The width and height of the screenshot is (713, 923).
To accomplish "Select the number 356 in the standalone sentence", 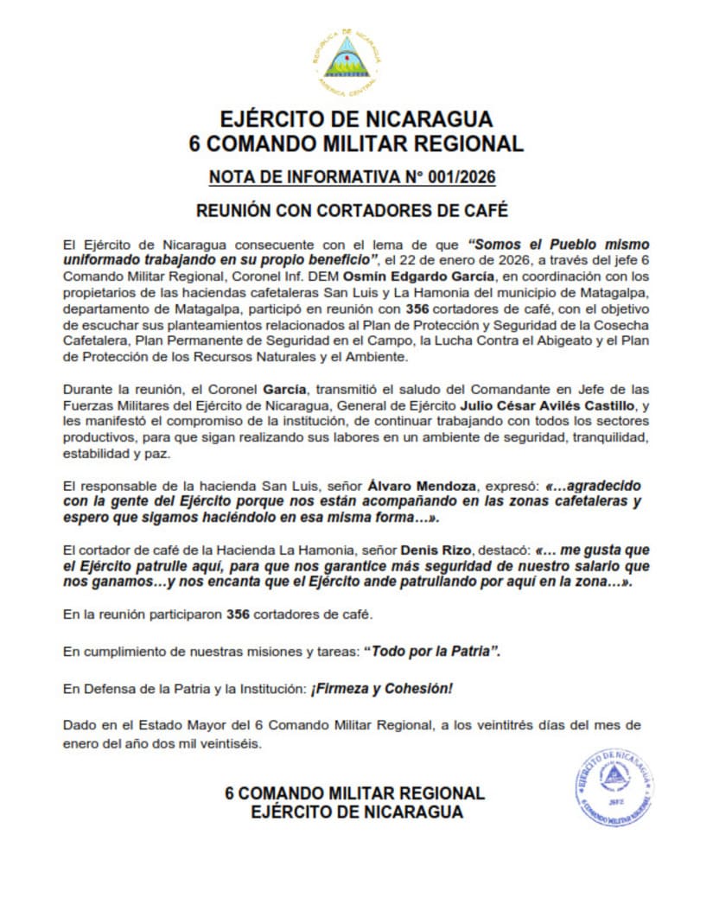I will click(238, 614).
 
